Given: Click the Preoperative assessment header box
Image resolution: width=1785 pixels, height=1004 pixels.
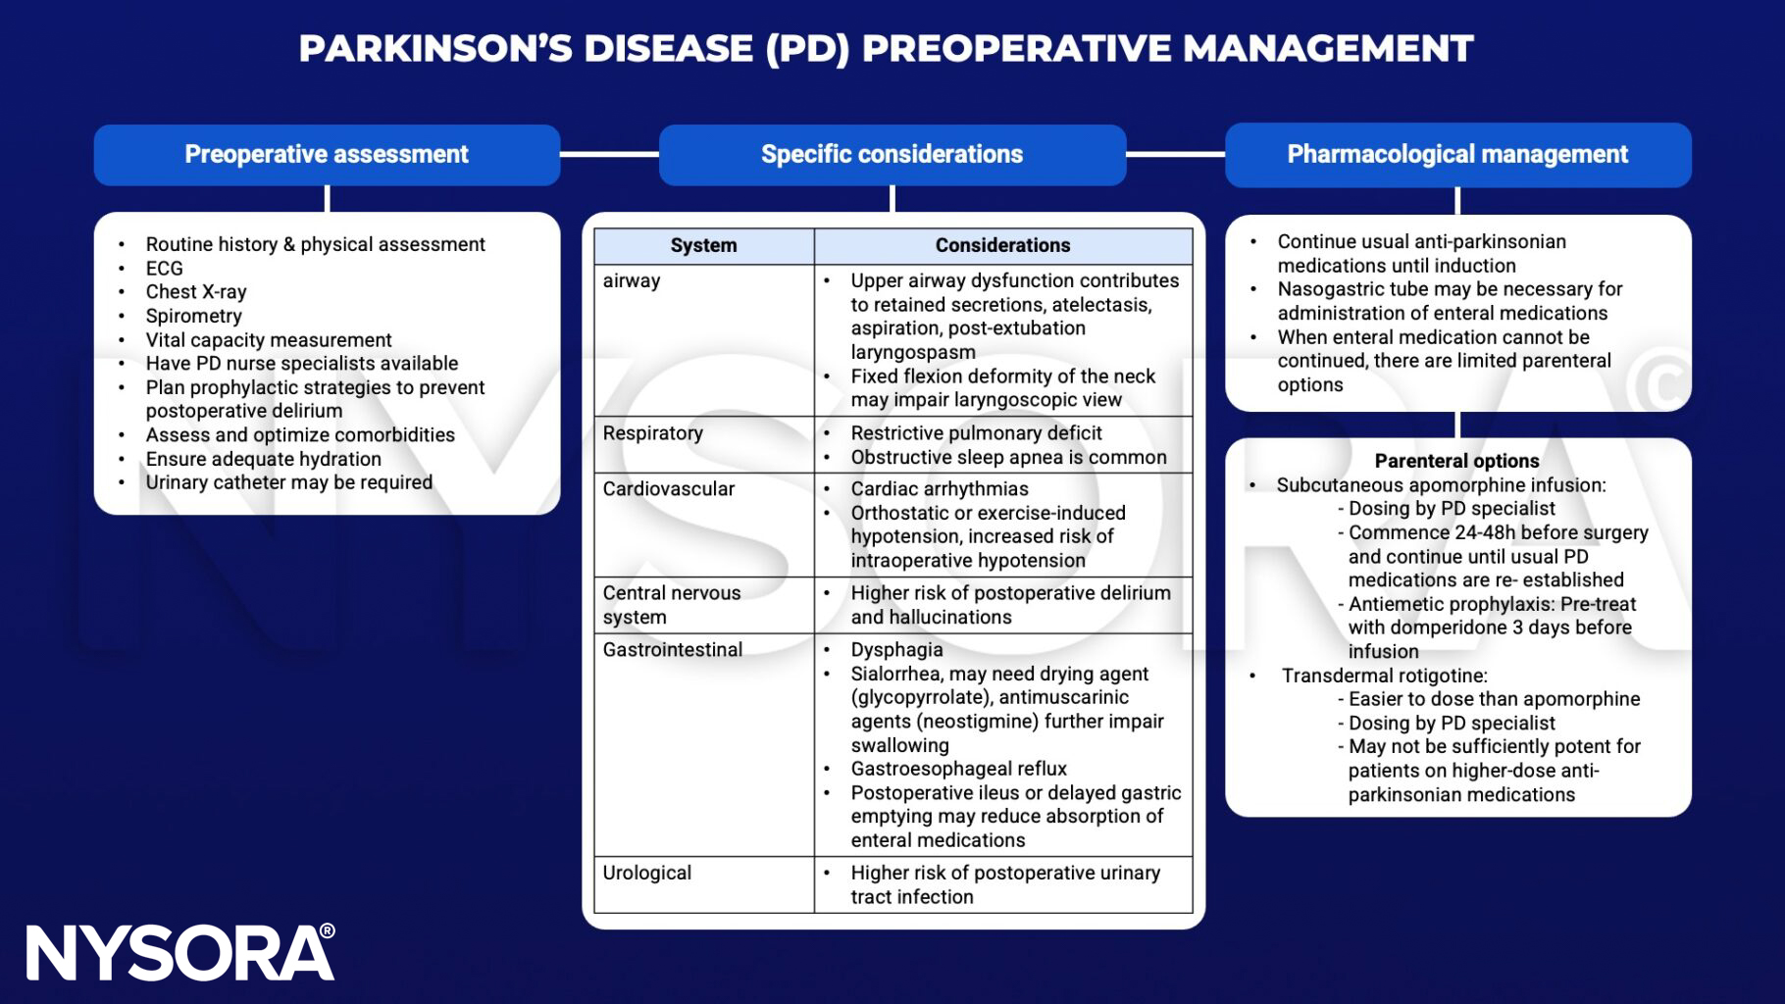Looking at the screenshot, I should (327, 155).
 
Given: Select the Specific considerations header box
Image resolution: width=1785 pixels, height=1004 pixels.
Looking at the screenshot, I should (892, 155).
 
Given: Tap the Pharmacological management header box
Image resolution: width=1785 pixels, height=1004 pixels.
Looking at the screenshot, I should (1457, 155).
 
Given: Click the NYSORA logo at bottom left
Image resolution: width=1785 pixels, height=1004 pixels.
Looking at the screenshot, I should (179, 952).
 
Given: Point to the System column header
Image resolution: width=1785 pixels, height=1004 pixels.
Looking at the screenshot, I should (703, 245).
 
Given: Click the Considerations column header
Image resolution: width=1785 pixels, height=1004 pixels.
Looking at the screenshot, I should (1002, 245).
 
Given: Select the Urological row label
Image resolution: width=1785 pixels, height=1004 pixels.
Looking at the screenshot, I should (646, 873).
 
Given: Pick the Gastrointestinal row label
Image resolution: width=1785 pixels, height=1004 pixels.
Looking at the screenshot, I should (672, 649).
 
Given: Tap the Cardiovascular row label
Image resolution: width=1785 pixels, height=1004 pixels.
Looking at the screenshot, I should (668, 488).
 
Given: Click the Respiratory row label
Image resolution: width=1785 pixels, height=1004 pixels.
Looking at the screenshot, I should (652, 432).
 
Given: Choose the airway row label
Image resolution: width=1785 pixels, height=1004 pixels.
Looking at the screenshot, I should (632, 280).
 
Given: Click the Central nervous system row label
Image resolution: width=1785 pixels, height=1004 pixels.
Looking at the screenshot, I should (671, 604).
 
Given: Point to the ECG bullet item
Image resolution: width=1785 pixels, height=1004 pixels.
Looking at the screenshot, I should (165, 268).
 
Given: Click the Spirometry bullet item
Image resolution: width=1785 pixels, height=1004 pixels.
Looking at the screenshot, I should (193, 316).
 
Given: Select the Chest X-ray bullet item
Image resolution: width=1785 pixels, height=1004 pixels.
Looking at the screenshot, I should (196, 291).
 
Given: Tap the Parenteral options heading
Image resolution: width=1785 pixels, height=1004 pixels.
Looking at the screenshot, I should (1456, 461).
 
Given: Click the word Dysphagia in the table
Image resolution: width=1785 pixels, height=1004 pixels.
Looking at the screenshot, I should (896, 649).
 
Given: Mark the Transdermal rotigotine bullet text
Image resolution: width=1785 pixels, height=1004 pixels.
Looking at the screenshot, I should (1384, 676).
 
